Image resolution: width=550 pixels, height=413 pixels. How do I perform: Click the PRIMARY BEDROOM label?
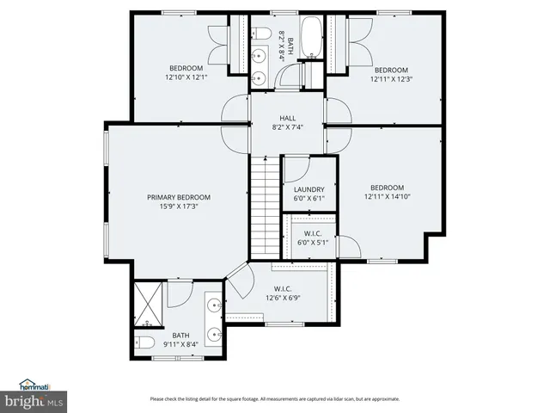178,197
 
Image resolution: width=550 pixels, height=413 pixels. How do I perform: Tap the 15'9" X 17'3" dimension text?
178,207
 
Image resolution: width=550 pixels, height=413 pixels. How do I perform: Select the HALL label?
287,118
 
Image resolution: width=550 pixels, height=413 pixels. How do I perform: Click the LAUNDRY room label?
309,189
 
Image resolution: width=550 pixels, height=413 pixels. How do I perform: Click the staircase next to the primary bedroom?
266,206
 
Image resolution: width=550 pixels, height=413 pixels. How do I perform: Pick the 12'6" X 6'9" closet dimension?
283,298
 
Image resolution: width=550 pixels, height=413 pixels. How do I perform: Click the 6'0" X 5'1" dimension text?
313,243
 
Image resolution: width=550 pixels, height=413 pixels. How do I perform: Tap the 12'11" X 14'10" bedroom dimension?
387,197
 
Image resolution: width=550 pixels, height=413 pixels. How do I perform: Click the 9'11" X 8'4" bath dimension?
180,345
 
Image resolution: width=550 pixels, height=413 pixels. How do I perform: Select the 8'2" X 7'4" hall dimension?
287,126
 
